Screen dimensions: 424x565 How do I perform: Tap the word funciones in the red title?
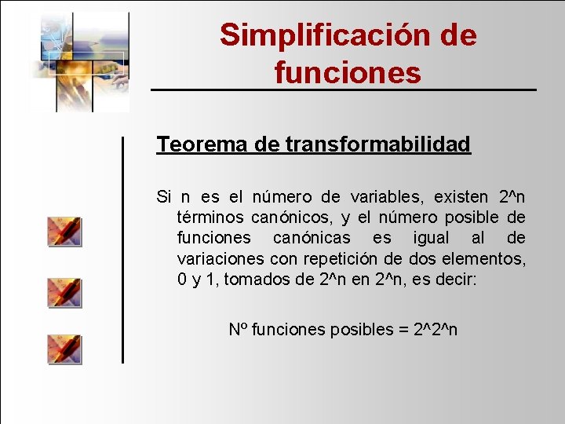point(348,72)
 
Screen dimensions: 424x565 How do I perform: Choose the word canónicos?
point(292,217)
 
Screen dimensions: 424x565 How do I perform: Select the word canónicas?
point(312,238)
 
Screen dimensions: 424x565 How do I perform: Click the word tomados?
point(255,280)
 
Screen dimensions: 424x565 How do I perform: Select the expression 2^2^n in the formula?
point(435,329)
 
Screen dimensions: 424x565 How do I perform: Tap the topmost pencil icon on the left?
point(64,232)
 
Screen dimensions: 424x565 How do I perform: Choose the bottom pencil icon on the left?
point(64,349)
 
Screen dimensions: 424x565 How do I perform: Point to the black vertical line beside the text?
point(122,249)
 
